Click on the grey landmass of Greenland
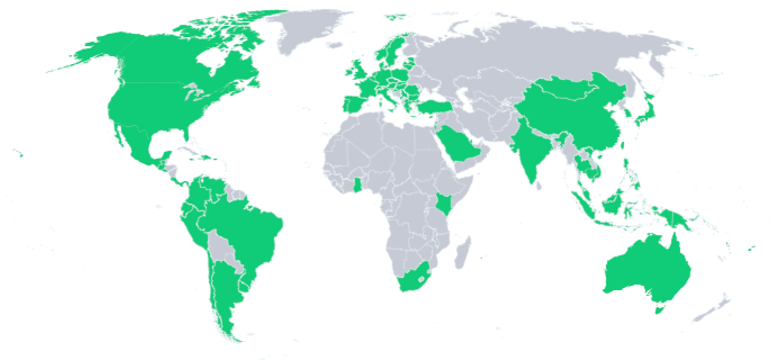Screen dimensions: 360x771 pyautogui.click(x=304, y=28)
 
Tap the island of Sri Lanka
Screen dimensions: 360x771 pyautogui.click(x=539, y=183)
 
